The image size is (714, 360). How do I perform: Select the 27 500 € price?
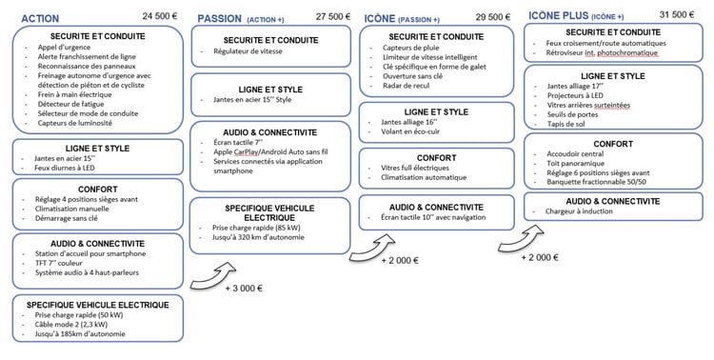point(330,17)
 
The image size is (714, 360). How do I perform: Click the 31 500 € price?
point(676,14)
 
